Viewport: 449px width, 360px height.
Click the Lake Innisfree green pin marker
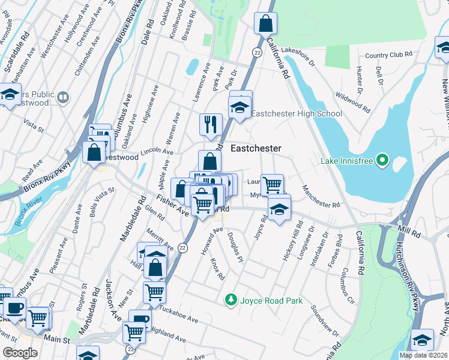coord(382,160)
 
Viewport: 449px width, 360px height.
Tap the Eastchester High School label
coord(297,113)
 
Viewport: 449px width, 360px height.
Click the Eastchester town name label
coord(256,148)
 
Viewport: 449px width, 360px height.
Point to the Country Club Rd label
coord(388,55)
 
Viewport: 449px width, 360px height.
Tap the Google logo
coord(20,353)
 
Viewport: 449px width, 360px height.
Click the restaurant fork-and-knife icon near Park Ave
coord(210,124)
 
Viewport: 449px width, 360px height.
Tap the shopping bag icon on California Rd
coord(265,24)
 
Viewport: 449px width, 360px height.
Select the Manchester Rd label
coord(321,196)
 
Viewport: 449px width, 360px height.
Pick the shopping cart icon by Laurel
coord(272,183)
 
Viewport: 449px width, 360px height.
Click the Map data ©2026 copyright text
coord(423,355)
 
